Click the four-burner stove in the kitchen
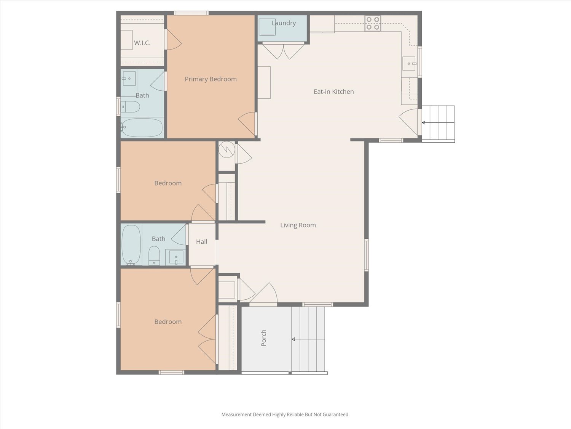tap(373, 23)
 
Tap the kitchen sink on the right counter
tap(409, 64)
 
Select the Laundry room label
tap(284, 23)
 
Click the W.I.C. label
tap(142, 43)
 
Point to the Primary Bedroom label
tap(211, 79)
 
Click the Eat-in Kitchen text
tap(333, 92)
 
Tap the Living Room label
tap(298, 225)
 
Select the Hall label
tap(201, 241)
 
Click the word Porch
tap(263, 338)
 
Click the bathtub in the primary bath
tap(142, 128)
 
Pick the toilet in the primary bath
tap(130, 107)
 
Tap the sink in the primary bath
tap(129, 78)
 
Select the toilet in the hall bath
tap(154, 255)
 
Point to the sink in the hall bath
tap(176, 257)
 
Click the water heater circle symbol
tap(227, 149)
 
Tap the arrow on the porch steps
tap(293, 339)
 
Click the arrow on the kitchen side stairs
tap(423, 123)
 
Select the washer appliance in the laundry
tap(267, 27)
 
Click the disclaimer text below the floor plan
tap(285, 415)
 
